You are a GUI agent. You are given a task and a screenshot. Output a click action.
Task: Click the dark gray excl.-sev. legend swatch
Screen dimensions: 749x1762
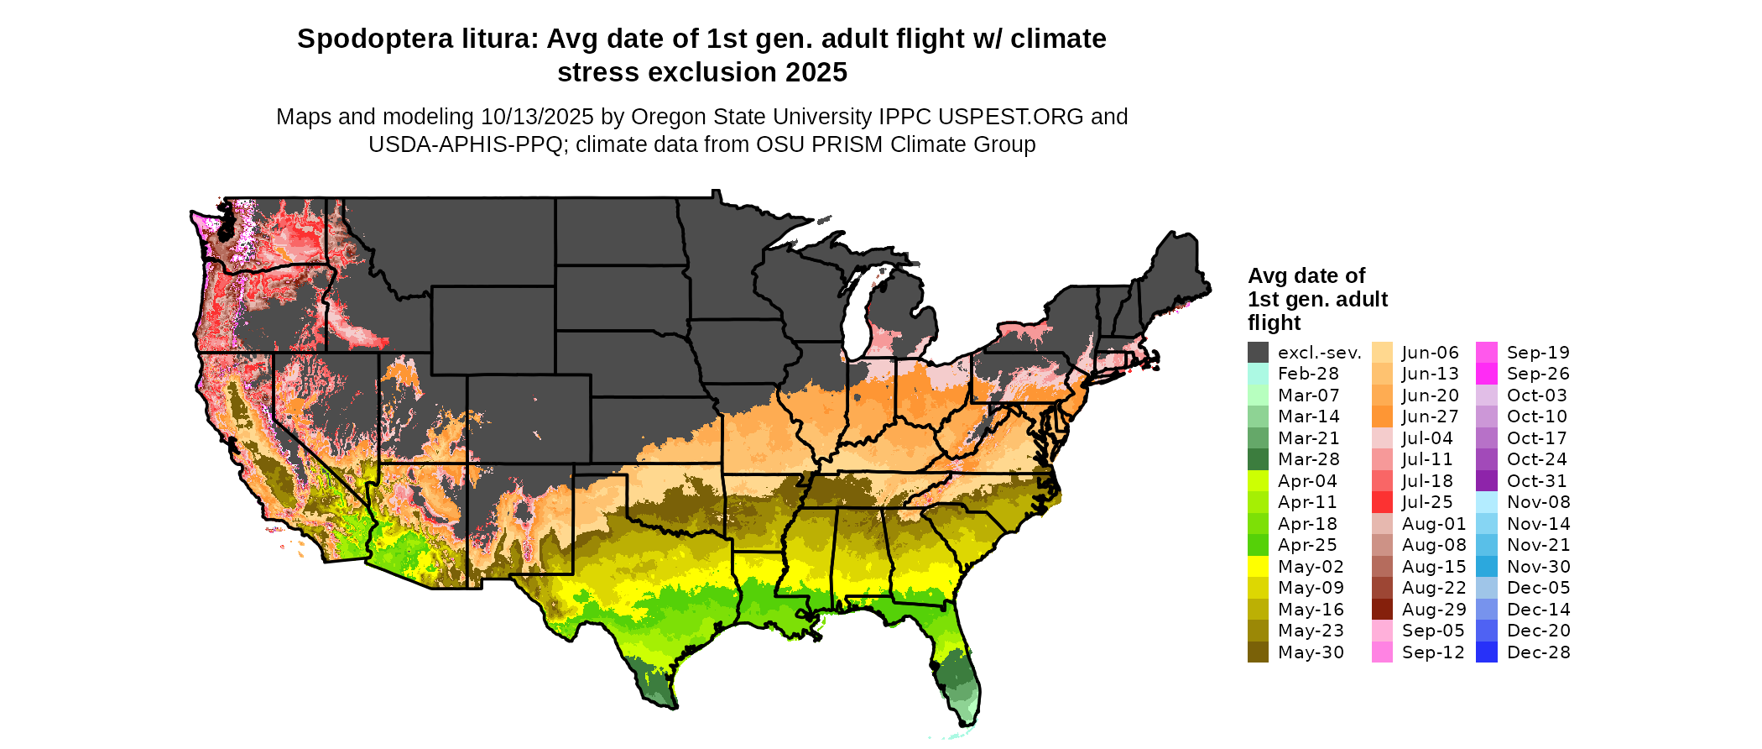pyautogui.click(x=1258, y=353)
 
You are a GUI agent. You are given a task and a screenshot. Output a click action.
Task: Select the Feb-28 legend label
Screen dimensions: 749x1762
pyautogui.click(x=1308, y=374)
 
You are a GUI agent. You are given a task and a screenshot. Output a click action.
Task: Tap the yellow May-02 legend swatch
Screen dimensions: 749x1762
pyautogui.click(x=1258, y=567)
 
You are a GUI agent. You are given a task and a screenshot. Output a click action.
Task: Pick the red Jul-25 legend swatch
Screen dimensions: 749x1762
pyautogui.click(x=1382, y=502)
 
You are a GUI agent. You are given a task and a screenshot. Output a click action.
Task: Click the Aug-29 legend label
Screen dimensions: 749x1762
pyautogui.click(x=1434, y=610)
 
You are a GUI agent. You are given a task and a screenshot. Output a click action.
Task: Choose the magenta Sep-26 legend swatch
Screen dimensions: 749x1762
pyautogui.click(x=1486, y=374)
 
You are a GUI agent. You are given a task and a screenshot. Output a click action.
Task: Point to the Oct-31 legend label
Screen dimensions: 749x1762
pyautogui.click(x=1537, y=481)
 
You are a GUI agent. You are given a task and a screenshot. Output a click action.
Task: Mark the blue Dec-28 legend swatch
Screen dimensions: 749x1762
pyautogui.click(x=1486, y=652)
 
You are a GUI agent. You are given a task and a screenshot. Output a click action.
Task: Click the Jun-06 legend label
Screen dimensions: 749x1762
pyautogui.click(x=1431, y=353)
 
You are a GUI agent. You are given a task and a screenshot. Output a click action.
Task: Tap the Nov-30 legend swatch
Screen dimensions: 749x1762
pyautogui.click(x=1486, y=567)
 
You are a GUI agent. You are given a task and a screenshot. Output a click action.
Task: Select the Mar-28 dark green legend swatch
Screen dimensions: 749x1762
pyautogui.click(x=1258, y=459)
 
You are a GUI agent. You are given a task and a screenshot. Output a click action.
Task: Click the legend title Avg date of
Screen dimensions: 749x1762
pyautogui.click(x=1306, y=275)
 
